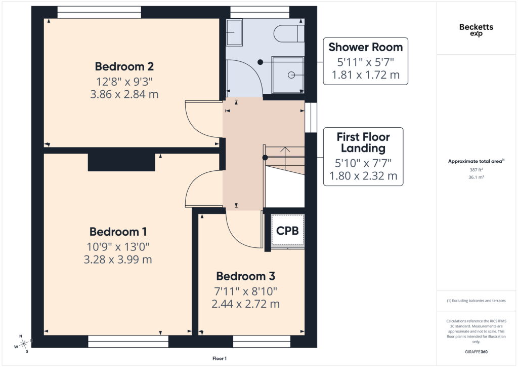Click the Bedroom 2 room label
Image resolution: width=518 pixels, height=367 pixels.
point(124,66)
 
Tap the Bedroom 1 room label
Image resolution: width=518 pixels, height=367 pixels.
point(118,232)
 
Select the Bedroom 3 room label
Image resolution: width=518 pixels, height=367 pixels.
point(245,276)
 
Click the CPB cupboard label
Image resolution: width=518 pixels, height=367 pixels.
point(287,231)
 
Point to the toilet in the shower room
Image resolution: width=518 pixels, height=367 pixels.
point(289,33)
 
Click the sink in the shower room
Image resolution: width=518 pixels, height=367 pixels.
point(234,32)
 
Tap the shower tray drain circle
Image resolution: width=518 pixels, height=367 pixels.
point(291,75)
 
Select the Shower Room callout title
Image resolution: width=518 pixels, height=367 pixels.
point(365,47)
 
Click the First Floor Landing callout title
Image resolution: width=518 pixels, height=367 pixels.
point(363,142)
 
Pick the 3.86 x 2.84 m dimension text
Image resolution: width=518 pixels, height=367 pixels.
point(124,94)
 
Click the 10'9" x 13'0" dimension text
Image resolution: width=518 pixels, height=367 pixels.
point(118,247)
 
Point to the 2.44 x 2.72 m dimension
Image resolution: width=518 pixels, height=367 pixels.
point(245,304)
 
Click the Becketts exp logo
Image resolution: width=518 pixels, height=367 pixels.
point(476,29)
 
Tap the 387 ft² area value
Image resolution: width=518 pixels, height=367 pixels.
point(476,170)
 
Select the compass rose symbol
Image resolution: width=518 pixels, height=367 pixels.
point(24,344)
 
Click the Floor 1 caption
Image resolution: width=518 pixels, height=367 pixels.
point(220,358)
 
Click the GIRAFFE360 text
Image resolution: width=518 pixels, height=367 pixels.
point(476,352)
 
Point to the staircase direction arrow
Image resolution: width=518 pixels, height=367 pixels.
point(285,156)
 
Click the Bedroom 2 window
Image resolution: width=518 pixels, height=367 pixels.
point(99,12)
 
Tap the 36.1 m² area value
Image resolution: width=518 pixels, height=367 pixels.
point(476,177)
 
